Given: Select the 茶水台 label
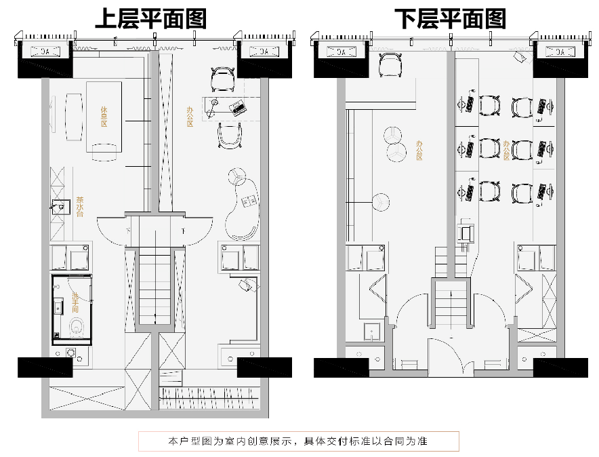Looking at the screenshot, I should point(80,206).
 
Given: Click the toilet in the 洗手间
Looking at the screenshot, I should point(75,327).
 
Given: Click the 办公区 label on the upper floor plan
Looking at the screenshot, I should point(190,117).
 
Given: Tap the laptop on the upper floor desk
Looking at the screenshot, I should point(237,106).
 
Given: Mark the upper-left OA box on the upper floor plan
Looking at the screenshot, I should point(45,51).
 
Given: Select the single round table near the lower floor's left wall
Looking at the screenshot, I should point(381,201).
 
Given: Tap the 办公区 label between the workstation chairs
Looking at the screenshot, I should point(506,151).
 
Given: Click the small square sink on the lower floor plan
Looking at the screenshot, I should point(371,332).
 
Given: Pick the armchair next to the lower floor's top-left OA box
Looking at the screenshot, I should point(390,66).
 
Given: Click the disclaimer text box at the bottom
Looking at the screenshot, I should point(299,441).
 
